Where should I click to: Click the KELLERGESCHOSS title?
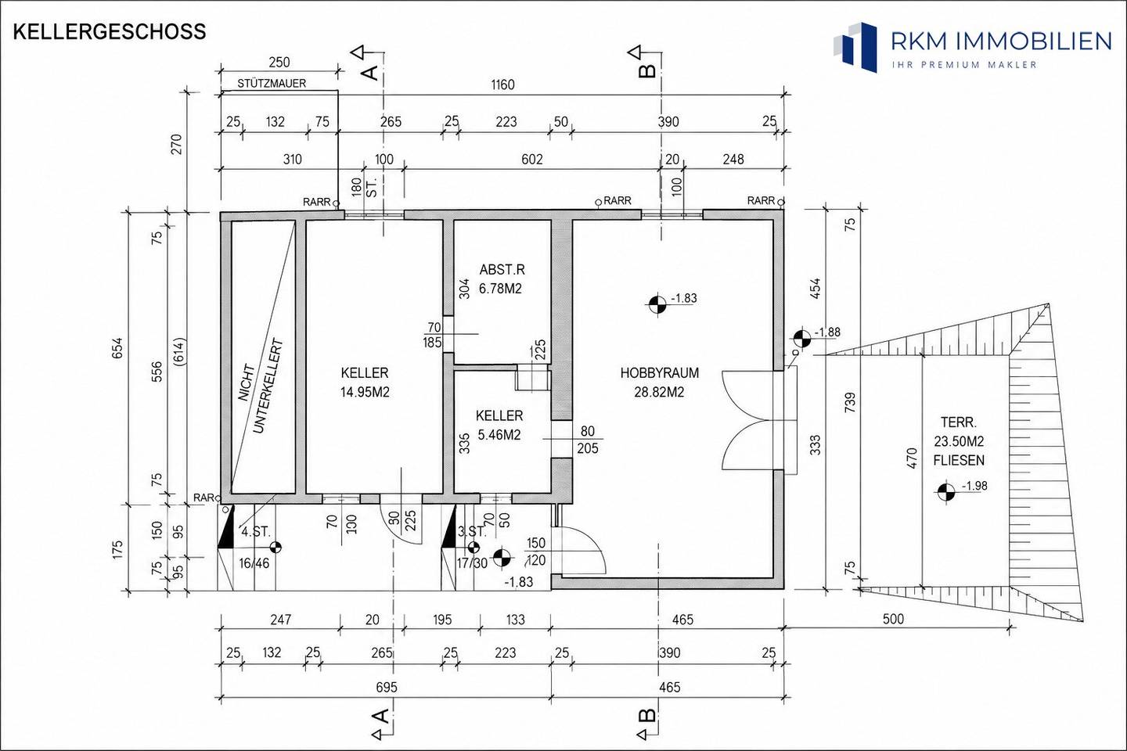[x=110, y=32]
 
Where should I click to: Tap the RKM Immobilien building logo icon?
[x=855, y=47]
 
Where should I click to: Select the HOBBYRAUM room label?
[x=659, y=373]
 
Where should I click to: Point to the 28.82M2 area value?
[x=659, y=393]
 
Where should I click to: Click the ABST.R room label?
[x=502, y=270]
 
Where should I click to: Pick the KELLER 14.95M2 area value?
[x=365, y=393]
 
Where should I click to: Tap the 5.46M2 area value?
[x=499, y=435]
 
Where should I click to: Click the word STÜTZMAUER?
[x=272, y=84]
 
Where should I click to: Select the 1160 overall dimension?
[x=502, y=84]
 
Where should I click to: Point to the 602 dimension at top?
[x=532, y=160]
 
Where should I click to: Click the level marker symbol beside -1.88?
[x=802, y=338]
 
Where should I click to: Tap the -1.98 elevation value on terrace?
[x=974, y=487]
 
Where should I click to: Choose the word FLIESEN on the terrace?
[x=959, y=460]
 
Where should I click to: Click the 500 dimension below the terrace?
[x=893, y=619]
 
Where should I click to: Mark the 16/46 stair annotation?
[x=254, y=563]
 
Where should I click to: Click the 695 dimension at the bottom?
[x=387, y=687]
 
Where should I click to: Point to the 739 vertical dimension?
[x=850, y=402]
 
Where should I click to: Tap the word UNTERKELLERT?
[x=267, y=386]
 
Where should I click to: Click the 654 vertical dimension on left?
[x=117, y=347]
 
